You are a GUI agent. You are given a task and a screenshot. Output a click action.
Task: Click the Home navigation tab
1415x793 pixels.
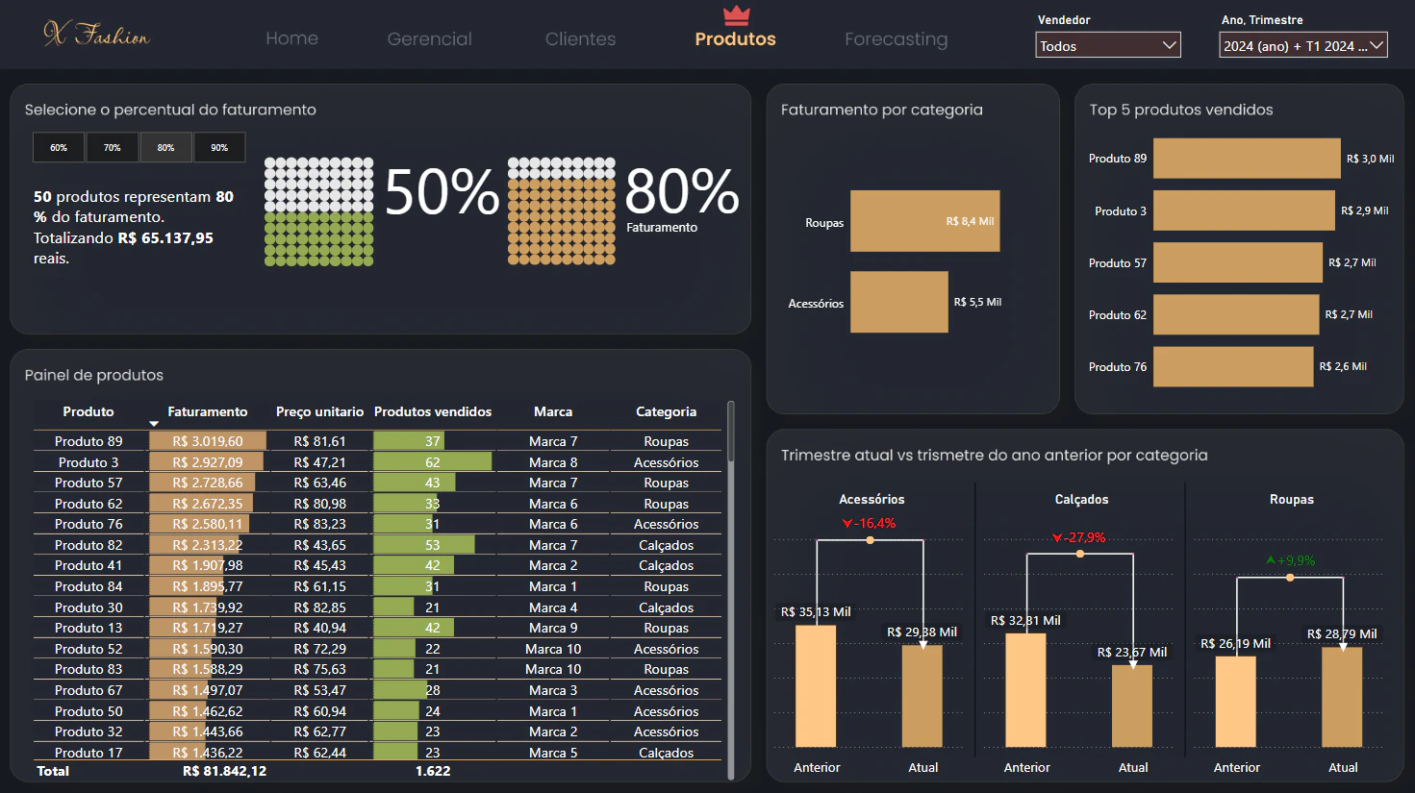(291, 38)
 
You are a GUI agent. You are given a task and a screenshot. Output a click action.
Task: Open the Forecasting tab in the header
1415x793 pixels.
(896, 39)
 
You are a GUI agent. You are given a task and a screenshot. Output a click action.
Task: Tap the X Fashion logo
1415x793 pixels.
(96, 34)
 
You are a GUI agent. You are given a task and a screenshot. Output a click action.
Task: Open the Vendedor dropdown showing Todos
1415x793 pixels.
(1107, 45)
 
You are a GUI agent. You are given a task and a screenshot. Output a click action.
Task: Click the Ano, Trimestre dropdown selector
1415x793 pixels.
(1302, 45)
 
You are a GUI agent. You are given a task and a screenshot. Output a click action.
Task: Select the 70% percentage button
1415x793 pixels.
(112, 148)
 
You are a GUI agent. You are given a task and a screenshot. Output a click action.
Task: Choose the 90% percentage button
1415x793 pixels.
(219, 148)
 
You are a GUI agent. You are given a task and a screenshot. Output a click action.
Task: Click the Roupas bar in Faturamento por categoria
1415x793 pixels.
(924, 221)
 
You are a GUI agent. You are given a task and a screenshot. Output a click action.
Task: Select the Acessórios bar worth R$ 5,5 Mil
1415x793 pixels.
(898, 302)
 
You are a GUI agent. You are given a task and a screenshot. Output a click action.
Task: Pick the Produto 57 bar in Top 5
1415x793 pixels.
(1237, 262)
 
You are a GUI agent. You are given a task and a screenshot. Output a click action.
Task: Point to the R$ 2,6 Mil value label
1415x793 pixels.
(1342, 366)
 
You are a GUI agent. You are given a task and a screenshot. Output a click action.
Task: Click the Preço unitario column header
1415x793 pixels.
(319, 411)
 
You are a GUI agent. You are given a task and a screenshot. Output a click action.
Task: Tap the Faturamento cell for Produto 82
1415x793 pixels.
(207, 545)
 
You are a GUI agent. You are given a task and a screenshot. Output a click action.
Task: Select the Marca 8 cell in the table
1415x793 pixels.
(553, 462)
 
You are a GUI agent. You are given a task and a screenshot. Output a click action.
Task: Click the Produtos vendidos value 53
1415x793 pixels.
(432, 545)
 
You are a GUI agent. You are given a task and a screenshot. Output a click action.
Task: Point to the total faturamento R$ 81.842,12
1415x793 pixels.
(224, 771)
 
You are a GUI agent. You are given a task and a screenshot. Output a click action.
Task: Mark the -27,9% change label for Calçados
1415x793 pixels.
(1079, 537)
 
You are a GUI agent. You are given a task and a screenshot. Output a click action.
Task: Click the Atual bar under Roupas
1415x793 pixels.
(1342, 697)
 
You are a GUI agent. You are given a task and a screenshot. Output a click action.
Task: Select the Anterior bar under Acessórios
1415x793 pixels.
(816, 686)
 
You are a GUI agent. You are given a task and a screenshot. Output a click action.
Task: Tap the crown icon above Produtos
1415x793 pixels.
(736, 15)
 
